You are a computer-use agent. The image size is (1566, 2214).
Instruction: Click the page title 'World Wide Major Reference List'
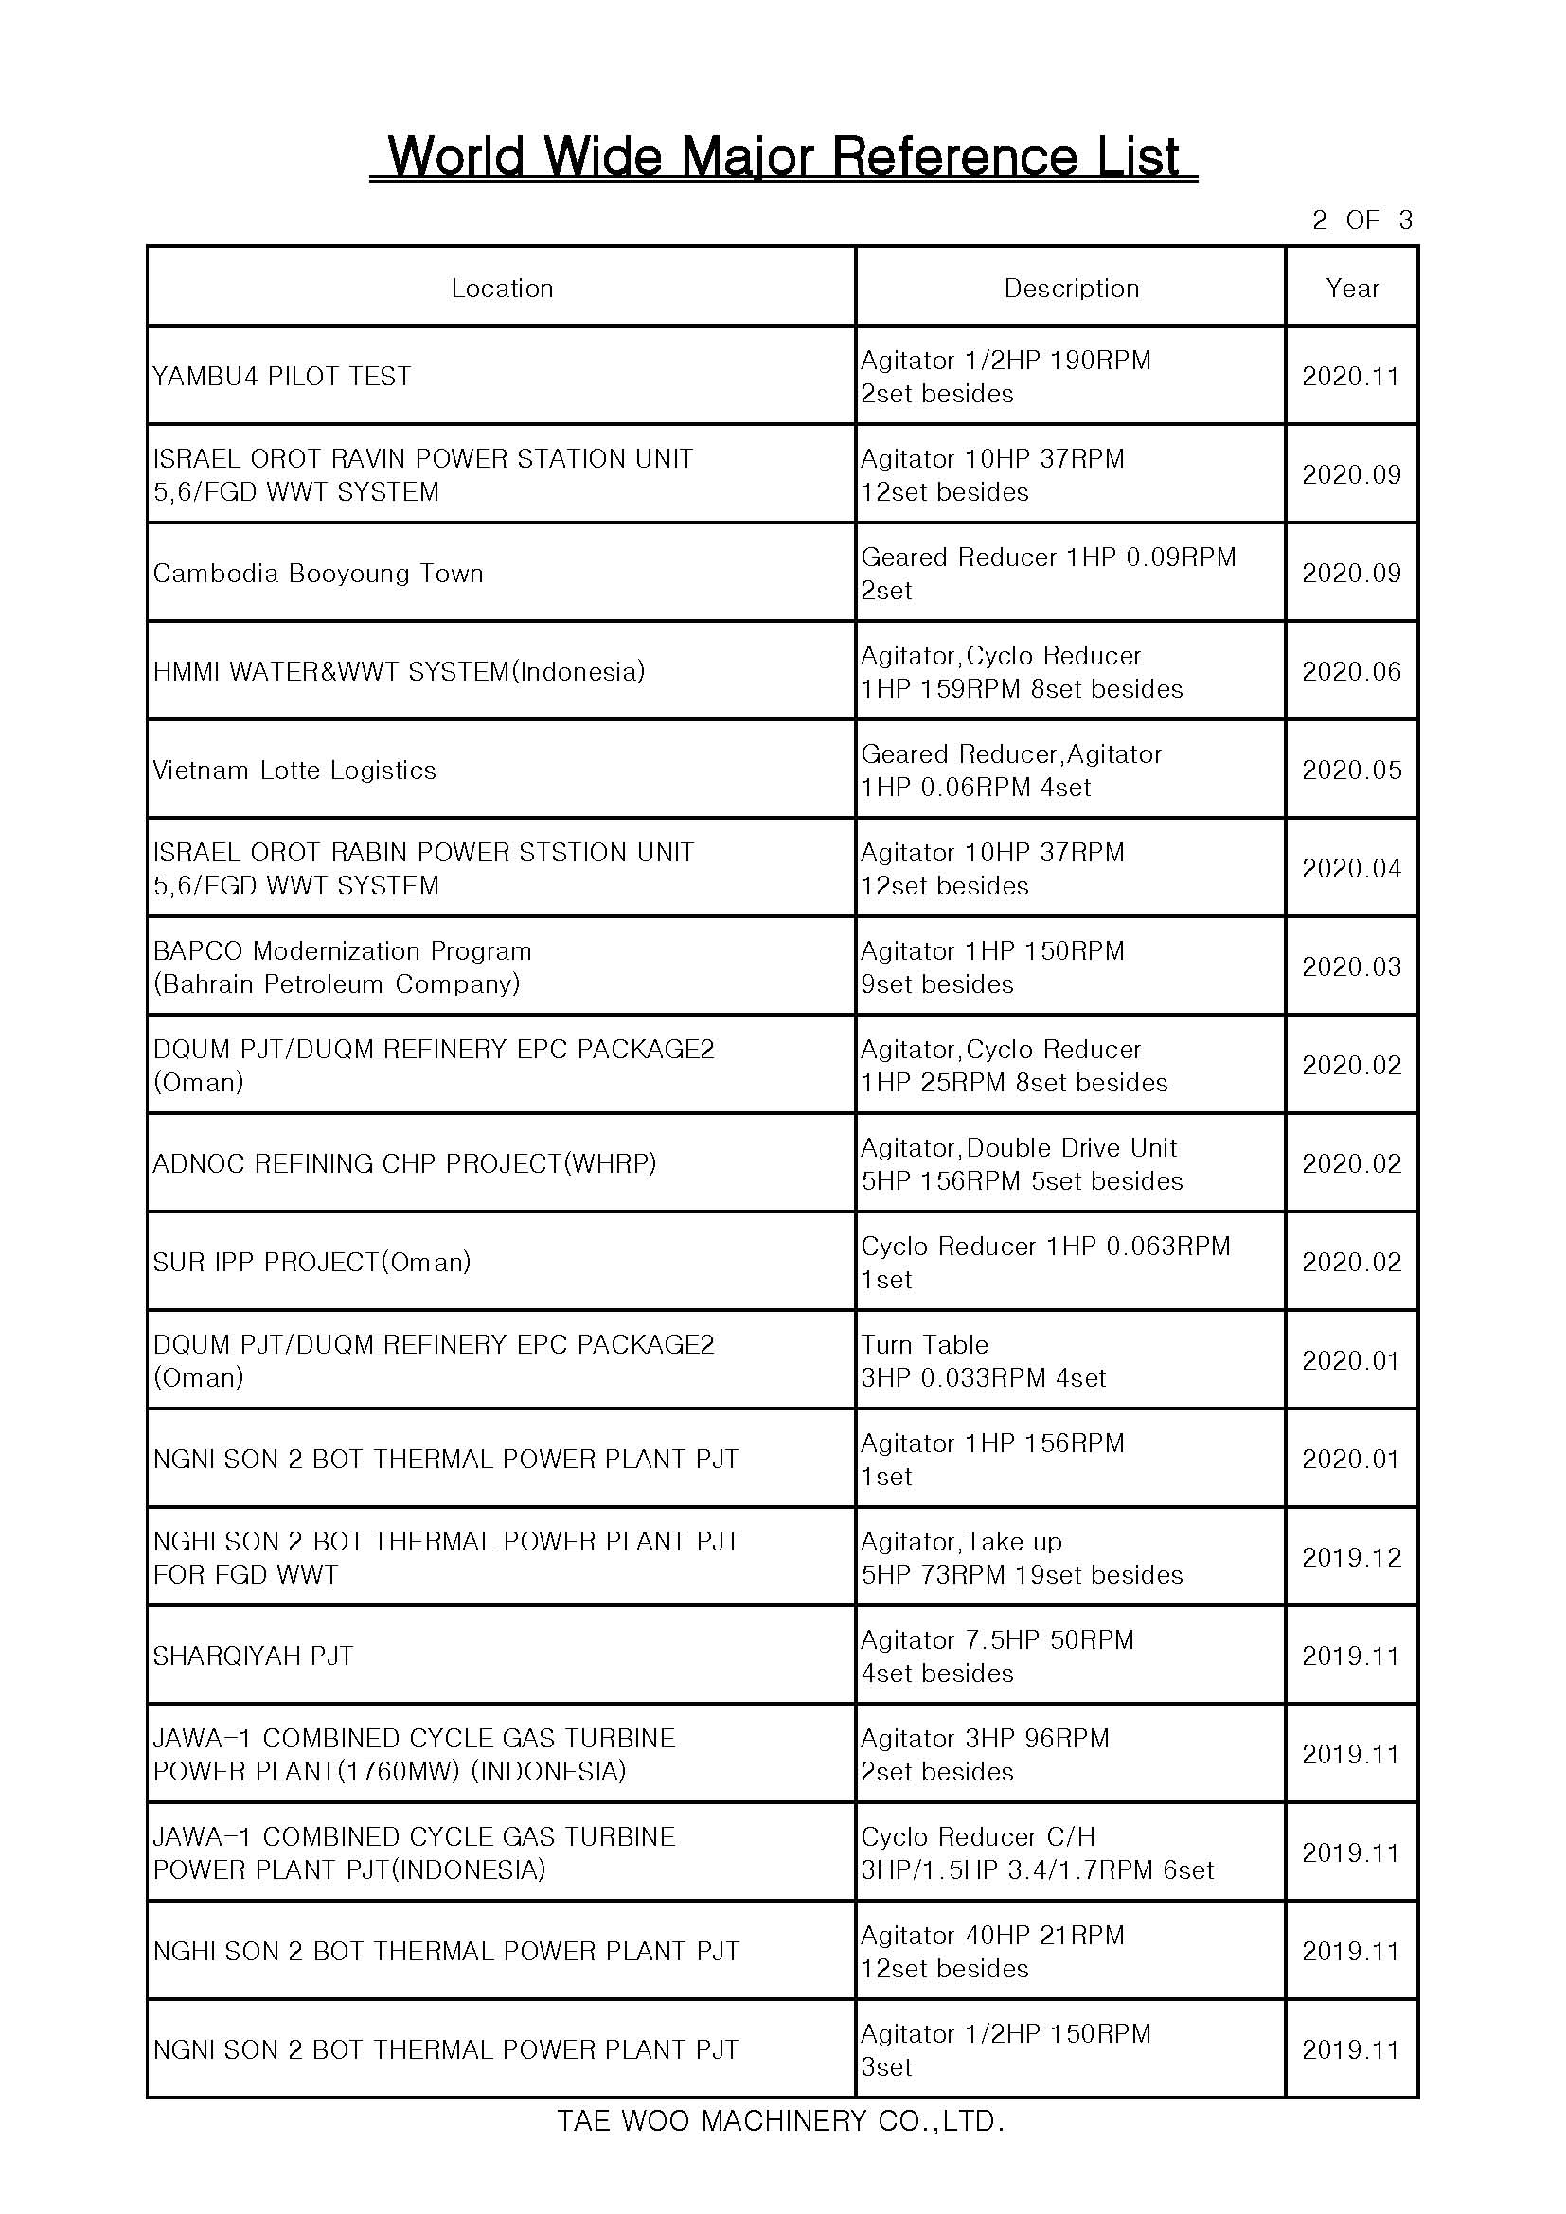coord(783,156)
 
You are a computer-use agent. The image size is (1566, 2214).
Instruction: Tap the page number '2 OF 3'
coord(1361,221)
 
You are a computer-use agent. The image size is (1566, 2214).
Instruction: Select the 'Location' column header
coord(502,289)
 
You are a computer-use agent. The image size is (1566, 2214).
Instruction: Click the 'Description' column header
coord(1071,289)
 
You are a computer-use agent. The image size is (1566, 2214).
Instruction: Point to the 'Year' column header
coord(1352,289)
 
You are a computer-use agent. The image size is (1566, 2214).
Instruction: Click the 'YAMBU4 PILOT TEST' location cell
coord(281,376)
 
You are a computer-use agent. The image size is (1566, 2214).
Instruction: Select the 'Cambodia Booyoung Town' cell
coord(318,574)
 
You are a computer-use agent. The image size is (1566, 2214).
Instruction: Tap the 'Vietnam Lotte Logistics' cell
coord(294,770)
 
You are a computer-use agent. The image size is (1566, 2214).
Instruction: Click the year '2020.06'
coord(1351,672)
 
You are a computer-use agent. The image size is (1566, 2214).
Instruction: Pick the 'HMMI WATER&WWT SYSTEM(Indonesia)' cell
coord(399,672)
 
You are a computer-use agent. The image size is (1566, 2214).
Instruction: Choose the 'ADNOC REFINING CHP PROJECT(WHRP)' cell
coord(404,1164)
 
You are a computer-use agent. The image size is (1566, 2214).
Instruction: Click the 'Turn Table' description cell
coord(984,1360)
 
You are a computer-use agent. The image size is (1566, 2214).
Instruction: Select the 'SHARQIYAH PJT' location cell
coord(253,1656)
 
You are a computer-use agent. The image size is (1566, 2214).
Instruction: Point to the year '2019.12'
coord(1351,1557)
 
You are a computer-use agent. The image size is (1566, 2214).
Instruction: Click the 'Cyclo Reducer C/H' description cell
coord(1037,1852)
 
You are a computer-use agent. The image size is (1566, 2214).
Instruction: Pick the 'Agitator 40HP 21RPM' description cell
coord(992,1951)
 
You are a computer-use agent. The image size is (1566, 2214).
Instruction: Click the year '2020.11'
coord(1350,376)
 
